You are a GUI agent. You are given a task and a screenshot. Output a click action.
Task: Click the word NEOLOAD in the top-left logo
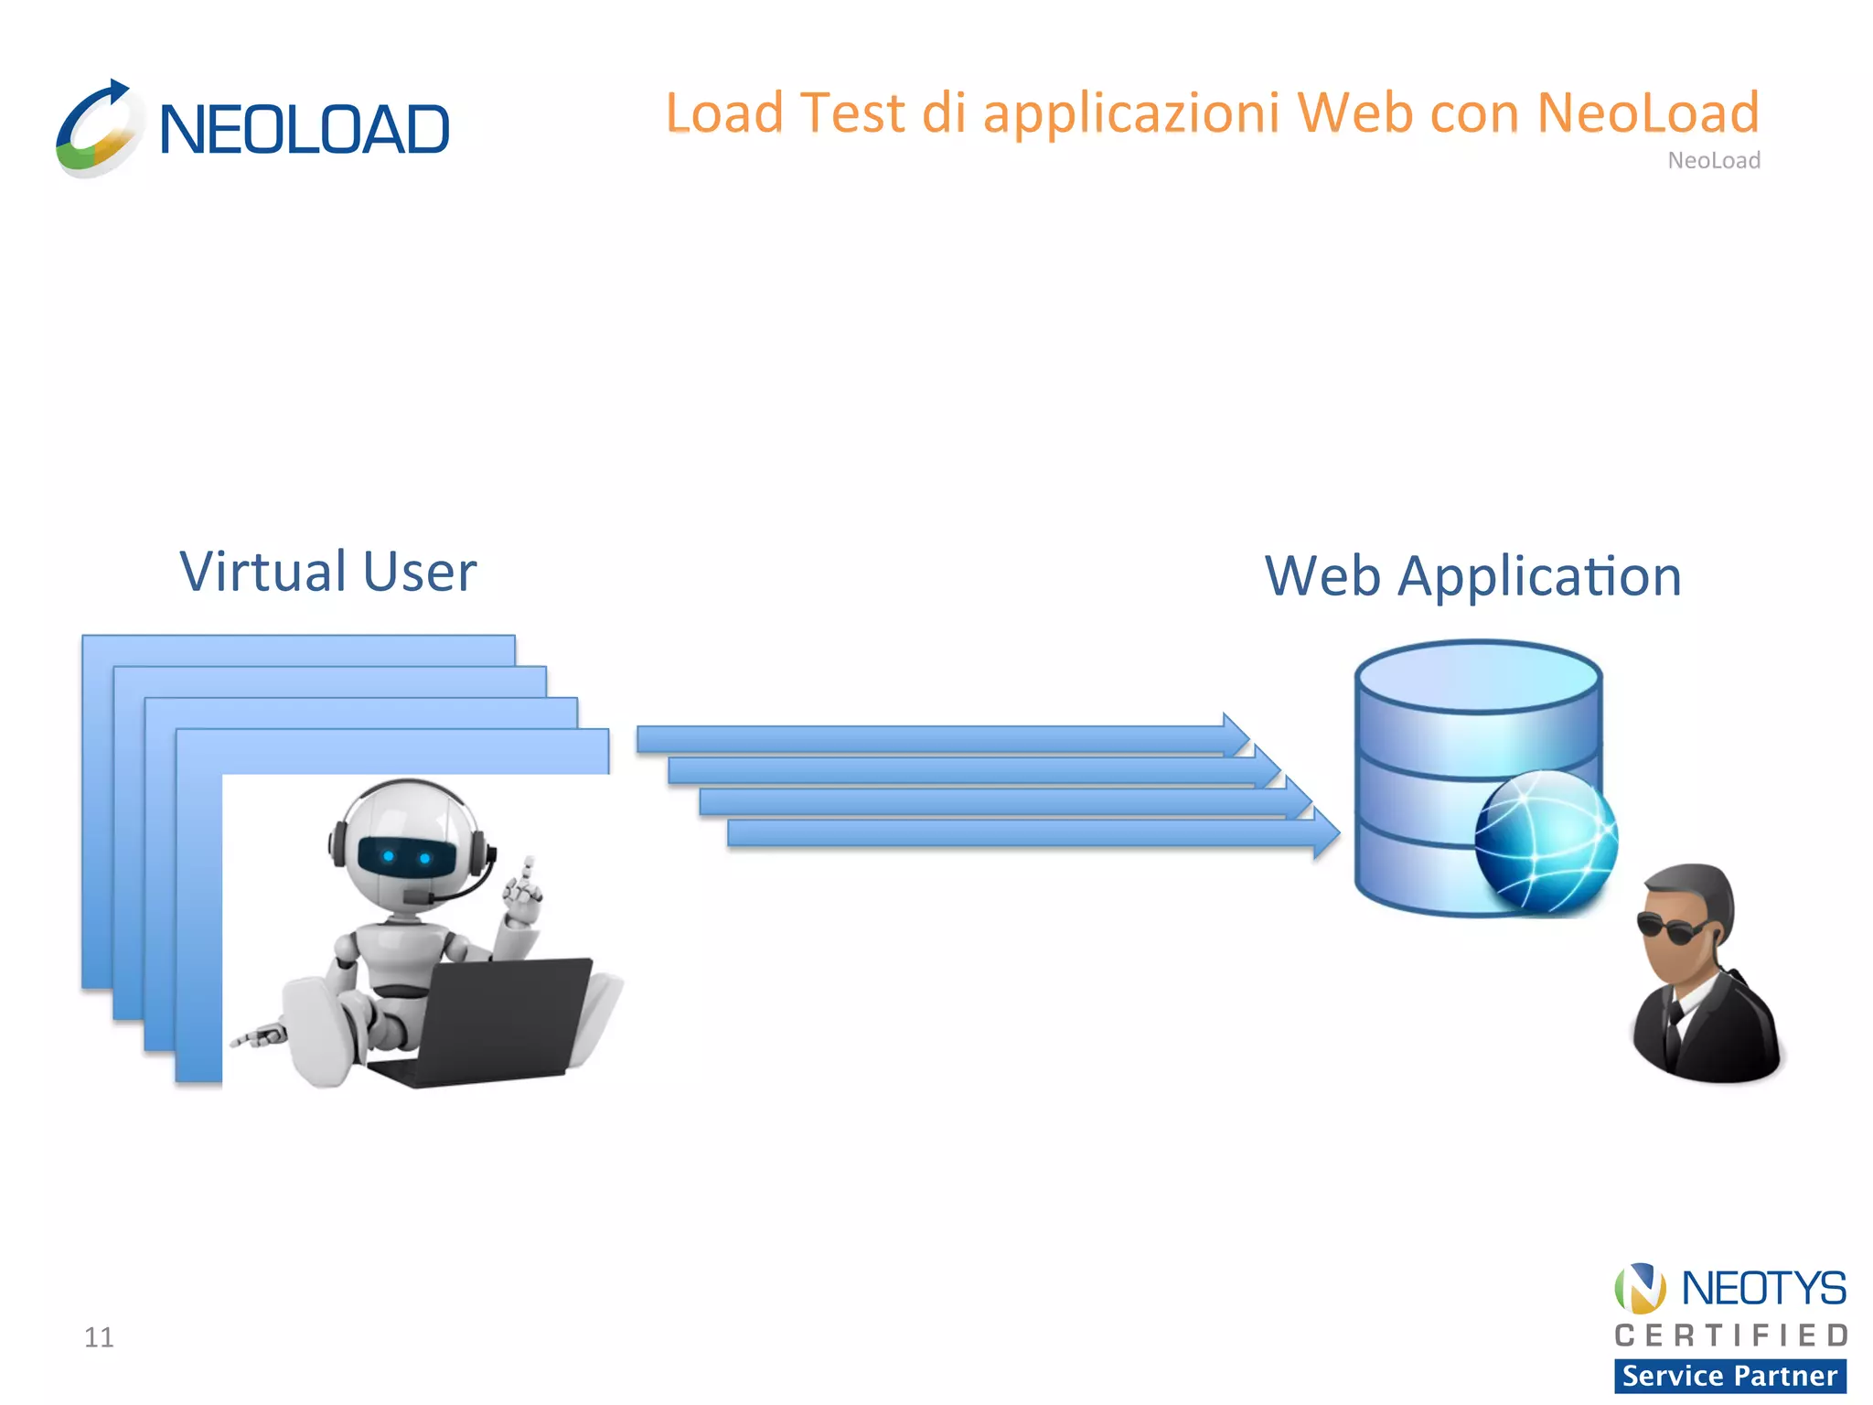[304, 130]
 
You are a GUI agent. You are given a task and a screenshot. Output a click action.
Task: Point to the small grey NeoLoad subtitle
[1713, 161]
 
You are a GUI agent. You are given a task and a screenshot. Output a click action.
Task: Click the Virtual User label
[327, 573]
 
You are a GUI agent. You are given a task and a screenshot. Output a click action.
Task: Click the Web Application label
[1472, 577]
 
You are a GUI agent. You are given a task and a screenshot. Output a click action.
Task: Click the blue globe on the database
[1546, 842]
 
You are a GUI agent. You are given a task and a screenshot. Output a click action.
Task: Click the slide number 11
[99, 1337]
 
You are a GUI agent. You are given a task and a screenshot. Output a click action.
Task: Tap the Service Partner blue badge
[1729, 1376]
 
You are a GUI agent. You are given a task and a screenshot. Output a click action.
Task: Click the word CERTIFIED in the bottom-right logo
[1731, 1335]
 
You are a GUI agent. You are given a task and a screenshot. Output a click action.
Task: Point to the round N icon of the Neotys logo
[1640, 1288]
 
